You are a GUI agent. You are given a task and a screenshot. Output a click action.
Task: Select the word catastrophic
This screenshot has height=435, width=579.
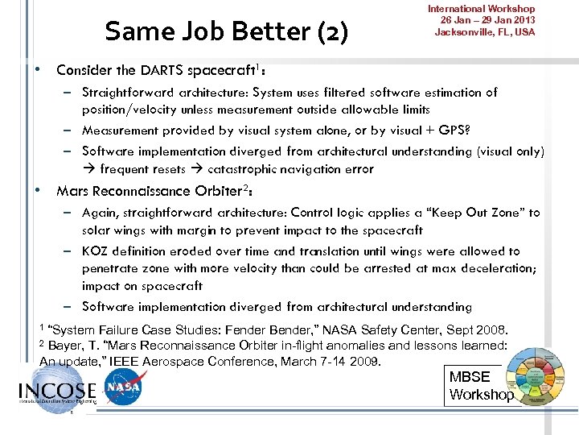coord(245,169)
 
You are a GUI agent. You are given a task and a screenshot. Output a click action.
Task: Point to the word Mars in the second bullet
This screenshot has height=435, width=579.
coord(71,191)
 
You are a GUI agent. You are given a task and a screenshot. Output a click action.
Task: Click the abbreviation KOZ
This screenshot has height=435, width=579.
coord(96,251)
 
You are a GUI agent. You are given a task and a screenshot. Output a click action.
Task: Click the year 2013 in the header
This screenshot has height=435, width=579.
coord(524,20)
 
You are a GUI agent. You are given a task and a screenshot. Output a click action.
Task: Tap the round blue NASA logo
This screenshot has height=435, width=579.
coord(122,389)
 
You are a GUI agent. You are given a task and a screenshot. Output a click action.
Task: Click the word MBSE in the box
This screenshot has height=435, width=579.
coord(469,377)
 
